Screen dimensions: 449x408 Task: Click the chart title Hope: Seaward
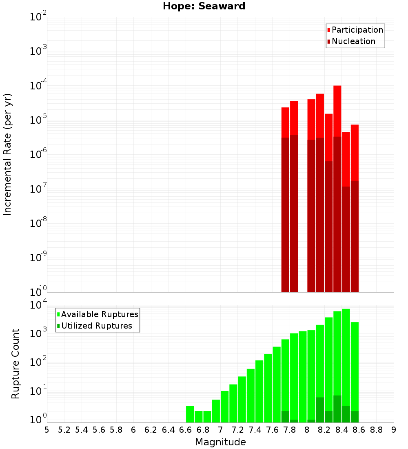tap(204, 7)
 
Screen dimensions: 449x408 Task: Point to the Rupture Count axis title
tap(16, 364)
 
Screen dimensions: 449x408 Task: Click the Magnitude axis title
tap(220, 442)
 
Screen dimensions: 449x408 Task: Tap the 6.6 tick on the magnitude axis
tap(186, 430)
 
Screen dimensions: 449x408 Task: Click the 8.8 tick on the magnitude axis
tap(376, 430)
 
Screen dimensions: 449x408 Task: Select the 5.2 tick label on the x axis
tap(64, 430)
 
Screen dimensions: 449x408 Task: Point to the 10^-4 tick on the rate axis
tap(38, 86)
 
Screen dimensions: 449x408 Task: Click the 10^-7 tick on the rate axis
tap(38, 189)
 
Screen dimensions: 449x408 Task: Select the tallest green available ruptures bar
tap(346, 359)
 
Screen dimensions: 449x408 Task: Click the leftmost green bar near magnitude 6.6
tap(190, 414)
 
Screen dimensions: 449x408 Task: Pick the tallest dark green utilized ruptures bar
tap(337, 408)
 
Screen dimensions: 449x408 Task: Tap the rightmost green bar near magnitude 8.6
tap(355, 367)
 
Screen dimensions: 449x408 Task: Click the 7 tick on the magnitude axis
tap(220, 430)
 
